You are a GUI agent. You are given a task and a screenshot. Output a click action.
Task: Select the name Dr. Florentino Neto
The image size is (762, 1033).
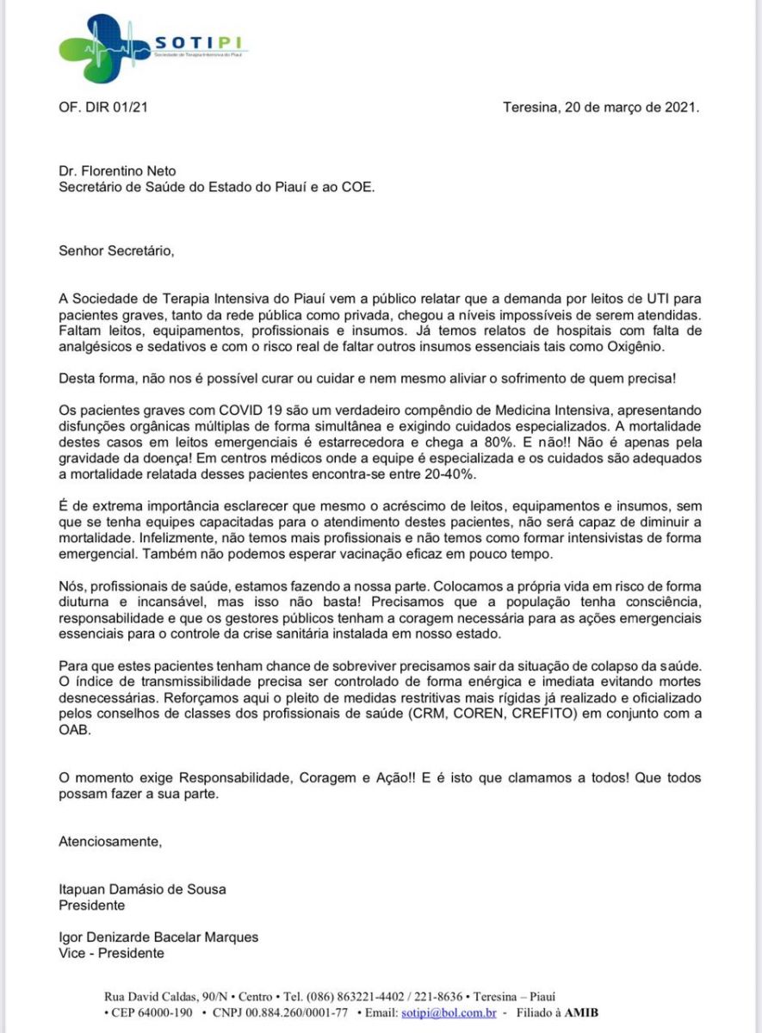[x=117, y=170]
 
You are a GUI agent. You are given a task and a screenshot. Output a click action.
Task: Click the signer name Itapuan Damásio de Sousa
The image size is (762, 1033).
[x=142, y=890]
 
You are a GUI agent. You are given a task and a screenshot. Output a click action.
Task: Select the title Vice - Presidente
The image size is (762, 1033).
[x=111, y=953]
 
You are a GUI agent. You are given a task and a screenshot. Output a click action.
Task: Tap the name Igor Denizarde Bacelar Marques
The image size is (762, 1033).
[x=158, y=937]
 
